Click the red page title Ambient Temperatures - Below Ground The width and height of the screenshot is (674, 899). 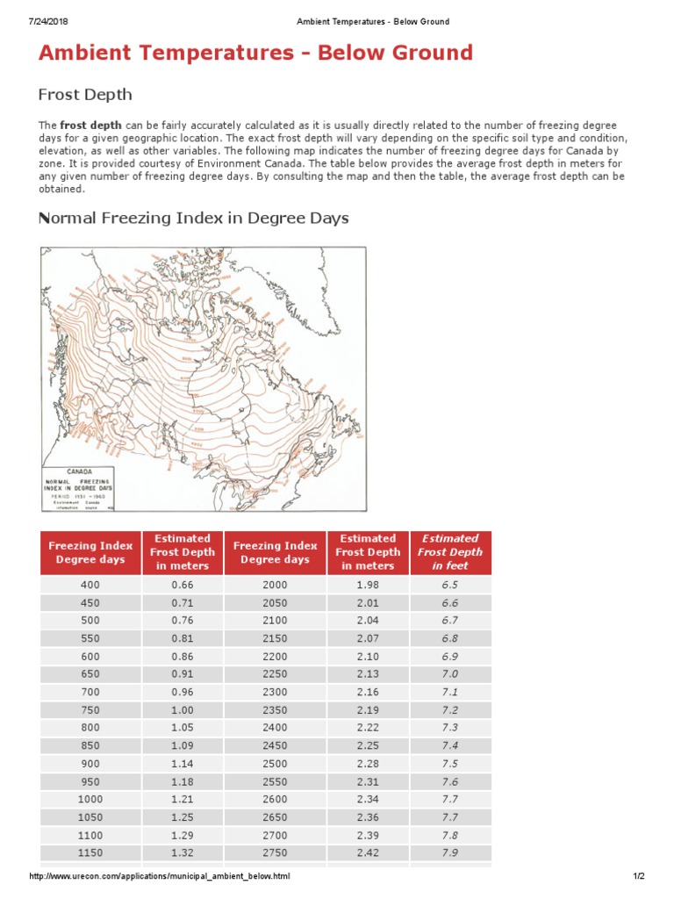coord(255,53)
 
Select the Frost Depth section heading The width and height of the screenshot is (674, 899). coord(85,94)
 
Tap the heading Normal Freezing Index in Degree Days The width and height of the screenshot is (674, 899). coord(194,218)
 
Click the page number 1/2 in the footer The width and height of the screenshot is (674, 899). coord(639,876)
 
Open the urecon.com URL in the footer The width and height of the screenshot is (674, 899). coord(160,876)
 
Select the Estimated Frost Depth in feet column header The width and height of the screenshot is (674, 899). coord(449,552)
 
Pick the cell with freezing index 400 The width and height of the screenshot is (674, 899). coord(90,585)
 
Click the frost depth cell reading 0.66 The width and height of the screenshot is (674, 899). coord(182,585)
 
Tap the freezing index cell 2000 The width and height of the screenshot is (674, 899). coord(275,585)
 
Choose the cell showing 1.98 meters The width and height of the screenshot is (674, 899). coord(367,585)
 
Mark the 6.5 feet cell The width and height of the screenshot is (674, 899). coord(449,585)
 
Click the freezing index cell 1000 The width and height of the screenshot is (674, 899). coord(90,800)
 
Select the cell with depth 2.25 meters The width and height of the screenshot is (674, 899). coord(367,746)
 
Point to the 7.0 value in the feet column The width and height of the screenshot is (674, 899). coord(449,674)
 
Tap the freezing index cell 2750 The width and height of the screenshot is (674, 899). coord(275,853)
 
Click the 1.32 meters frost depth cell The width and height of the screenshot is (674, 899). coord(182,853)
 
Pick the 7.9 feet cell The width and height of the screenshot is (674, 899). coord(449,853)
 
